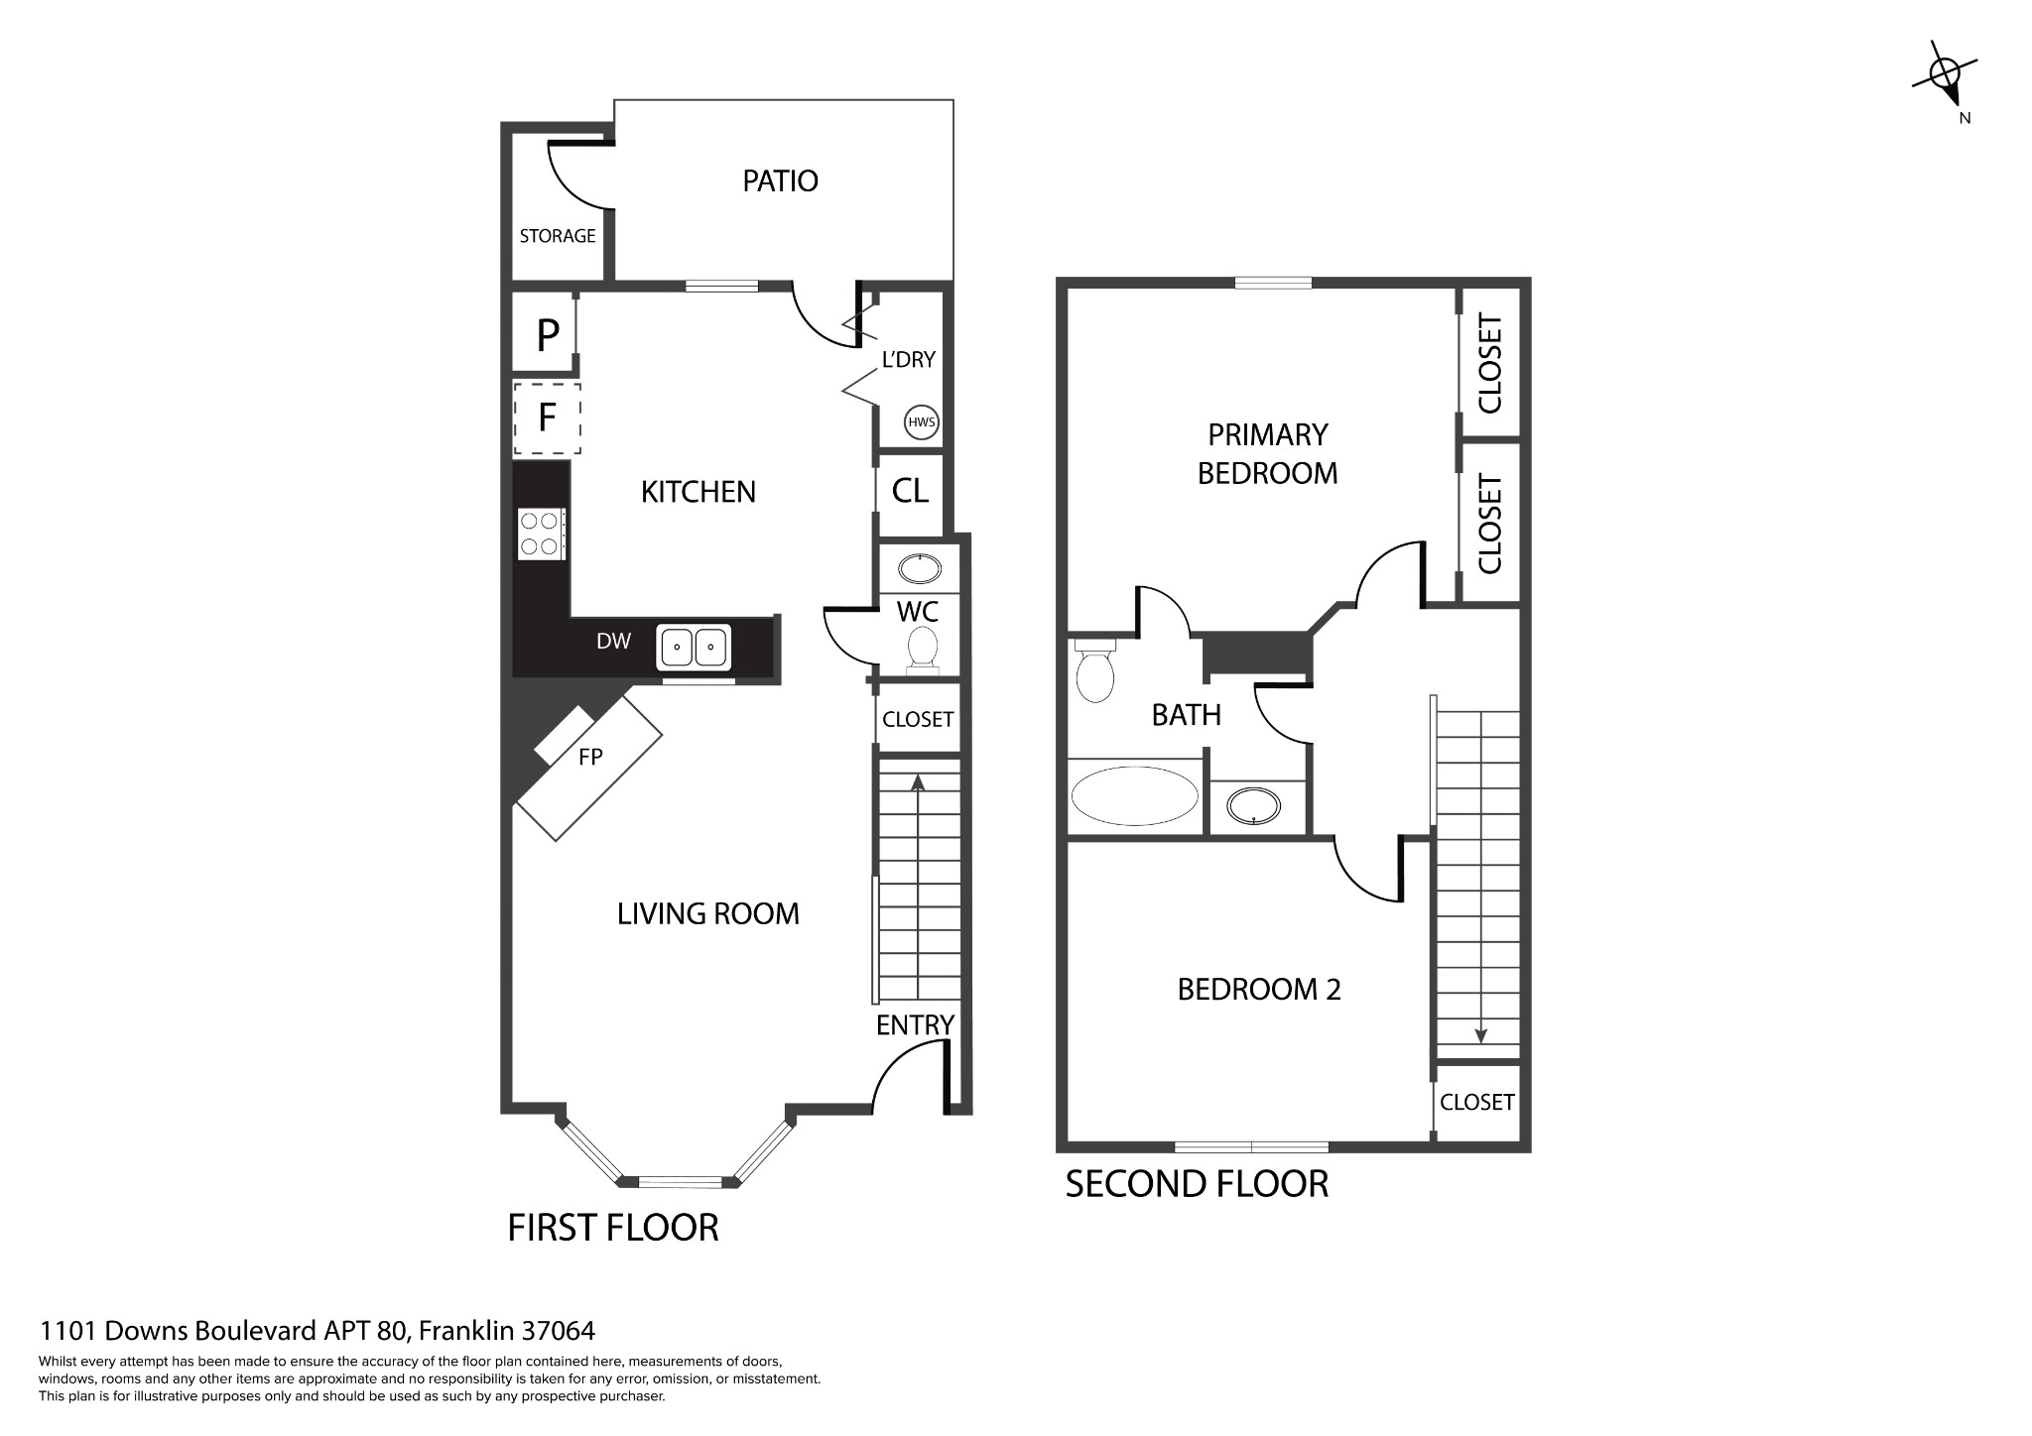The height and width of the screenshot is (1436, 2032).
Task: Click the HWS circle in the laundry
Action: (922, 422)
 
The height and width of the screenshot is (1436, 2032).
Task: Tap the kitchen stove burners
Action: (541, 534)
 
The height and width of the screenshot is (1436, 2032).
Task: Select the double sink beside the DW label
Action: (694, 648)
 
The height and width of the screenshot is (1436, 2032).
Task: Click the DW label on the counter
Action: (613, 642)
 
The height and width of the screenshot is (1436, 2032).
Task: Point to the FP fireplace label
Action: (590, 758)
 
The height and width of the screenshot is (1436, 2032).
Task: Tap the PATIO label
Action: (780, 181)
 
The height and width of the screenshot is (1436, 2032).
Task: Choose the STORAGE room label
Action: (558, 236)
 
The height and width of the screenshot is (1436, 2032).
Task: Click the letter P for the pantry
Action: (547, 336)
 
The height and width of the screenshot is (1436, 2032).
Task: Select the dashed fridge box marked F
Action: (547, 419)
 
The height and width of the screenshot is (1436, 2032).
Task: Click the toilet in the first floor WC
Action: (923, 649)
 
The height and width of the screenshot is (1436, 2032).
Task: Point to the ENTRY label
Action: (915, 1025)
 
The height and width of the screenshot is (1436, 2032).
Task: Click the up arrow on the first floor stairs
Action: (918, 783)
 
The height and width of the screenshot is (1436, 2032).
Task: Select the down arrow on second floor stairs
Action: (1480, 1034)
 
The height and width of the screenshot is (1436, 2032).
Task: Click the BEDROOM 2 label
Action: (1258, 990)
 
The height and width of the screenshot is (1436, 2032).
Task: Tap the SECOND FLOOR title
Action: (1196, 1184)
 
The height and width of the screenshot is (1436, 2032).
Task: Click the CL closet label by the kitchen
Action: (910, 491)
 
